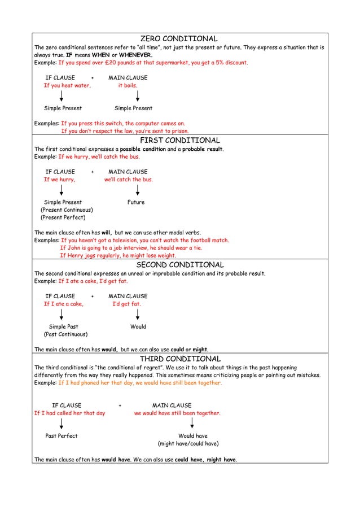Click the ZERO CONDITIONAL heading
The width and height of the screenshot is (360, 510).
tap(179, 38)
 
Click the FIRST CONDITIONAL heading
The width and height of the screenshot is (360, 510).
tap(179, 140)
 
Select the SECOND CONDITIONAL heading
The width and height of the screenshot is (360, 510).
tap(180, 264)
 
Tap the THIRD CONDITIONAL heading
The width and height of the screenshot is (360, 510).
tap(180, 359)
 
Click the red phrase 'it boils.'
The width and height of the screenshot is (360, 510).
tap(128, 86)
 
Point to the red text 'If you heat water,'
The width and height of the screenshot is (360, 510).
tap(68, 86)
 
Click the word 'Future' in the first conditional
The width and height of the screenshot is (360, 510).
tap(136, 202)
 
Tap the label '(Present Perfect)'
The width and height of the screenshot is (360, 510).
tap(63, 217)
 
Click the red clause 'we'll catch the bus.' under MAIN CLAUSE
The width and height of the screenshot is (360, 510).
tap(128, 180)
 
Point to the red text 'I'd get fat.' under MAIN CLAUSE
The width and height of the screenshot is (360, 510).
tap(127, 304)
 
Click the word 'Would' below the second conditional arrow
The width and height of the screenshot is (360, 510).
tap(138, 326)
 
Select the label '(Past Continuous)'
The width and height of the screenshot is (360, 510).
tap(65, 334)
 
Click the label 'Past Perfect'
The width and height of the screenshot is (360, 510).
tap(62, 436)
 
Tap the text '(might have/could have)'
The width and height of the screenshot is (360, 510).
tap(188, 444)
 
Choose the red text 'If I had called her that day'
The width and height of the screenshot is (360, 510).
tap(69, 413)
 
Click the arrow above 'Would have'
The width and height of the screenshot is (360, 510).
tap(192, 424)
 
